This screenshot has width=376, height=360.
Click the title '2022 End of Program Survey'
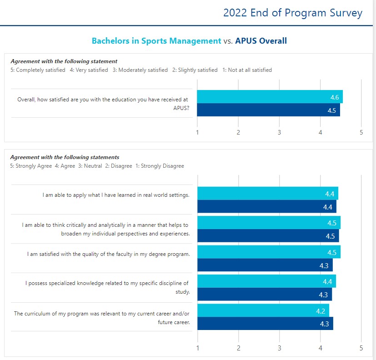point(292,13)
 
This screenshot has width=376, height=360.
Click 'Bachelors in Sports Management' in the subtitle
point(156,41)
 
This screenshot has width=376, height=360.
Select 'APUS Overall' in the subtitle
point(261,41)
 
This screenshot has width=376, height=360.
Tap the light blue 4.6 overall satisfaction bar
point(270,97)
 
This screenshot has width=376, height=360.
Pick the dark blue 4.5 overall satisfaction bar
point(268,110)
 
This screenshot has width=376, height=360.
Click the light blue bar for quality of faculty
point(269,252)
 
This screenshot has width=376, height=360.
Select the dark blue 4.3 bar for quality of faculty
point(265,265)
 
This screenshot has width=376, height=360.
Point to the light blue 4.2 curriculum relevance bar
point(263,310)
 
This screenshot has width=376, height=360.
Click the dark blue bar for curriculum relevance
point(265,324)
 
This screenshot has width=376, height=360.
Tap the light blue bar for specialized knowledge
point(266,281)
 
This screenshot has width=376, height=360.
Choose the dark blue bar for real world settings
point(267,207)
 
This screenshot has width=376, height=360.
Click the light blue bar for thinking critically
point(269,223)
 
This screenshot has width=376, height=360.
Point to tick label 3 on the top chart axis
point(279,132)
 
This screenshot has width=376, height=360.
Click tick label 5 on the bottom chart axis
point(361,349)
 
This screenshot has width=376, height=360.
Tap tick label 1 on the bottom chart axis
point(197,349)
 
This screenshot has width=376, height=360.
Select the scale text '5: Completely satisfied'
point(38,70)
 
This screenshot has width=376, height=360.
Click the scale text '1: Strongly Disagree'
point(160,166)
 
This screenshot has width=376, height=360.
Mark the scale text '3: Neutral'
point(90,166)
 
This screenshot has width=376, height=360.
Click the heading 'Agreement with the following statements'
point(65,157)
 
